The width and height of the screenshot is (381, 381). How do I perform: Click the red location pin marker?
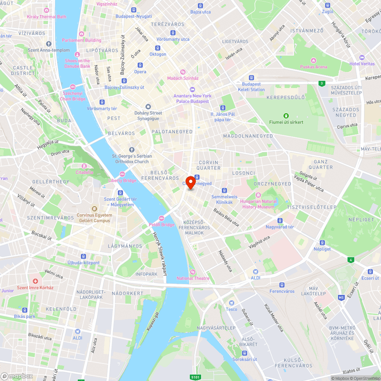point(190,182)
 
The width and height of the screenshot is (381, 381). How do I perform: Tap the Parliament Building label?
point(82,40)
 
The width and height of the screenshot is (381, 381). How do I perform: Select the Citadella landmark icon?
point(84,166)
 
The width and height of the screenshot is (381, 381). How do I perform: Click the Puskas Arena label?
point(313,67)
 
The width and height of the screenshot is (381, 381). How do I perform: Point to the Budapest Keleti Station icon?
point(251,78)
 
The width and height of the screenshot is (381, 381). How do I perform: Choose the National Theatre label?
point(193,278)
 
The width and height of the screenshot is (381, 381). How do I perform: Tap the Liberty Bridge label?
point(122,180)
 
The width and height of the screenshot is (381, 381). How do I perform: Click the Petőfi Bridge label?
point(161,224)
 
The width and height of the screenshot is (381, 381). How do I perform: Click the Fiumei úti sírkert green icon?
point(286,116)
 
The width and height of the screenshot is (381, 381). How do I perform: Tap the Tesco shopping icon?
point(231,303)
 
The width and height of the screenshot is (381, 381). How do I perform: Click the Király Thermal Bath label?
point(46,17)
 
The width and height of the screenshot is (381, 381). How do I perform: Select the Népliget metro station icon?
point(322,242)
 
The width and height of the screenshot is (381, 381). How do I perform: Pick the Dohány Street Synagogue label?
point(148,115)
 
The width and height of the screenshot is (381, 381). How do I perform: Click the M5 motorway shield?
point(341,297)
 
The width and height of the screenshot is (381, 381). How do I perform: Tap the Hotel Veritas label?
point(362,64)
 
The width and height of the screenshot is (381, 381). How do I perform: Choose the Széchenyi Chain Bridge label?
point(72,96)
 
